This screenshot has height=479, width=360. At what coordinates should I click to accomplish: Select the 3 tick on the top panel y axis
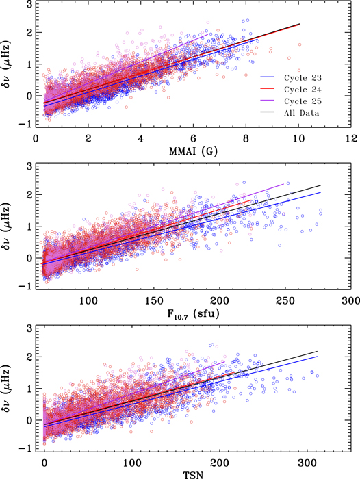pos(26,5)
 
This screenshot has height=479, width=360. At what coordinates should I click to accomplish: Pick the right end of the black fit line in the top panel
pos(299,24)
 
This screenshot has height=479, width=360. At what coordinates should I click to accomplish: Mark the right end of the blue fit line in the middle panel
pos(320,192)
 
